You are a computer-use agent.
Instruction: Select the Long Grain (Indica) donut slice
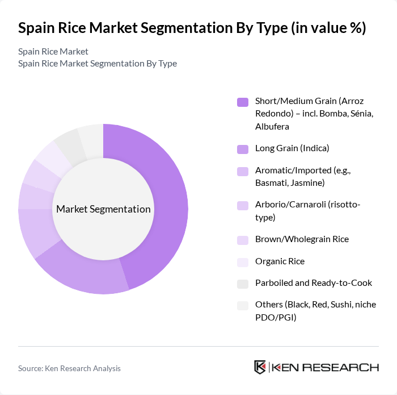[85, 273]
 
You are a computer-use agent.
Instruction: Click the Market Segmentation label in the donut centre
[103, 209]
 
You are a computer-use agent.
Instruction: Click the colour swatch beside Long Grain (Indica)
[243, 148]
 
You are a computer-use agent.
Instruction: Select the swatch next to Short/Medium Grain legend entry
[243, 102]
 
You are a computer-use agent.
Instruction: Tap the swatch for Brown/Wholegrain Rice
[243, 239]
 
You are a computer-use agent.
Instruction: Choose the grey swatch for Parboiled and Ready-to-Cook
[243, 283]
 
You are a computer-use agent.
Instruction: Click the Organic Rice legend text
[280, 261]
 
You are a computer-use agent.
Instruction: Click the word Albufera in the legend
[272, 126]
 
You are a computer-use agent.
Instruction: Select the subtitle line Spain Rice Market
[53, 51]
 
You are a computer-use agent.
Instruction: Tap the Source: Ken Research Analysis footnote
[69, 368]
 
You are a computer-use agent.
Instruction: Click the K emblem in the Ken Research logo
[260, 367]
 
